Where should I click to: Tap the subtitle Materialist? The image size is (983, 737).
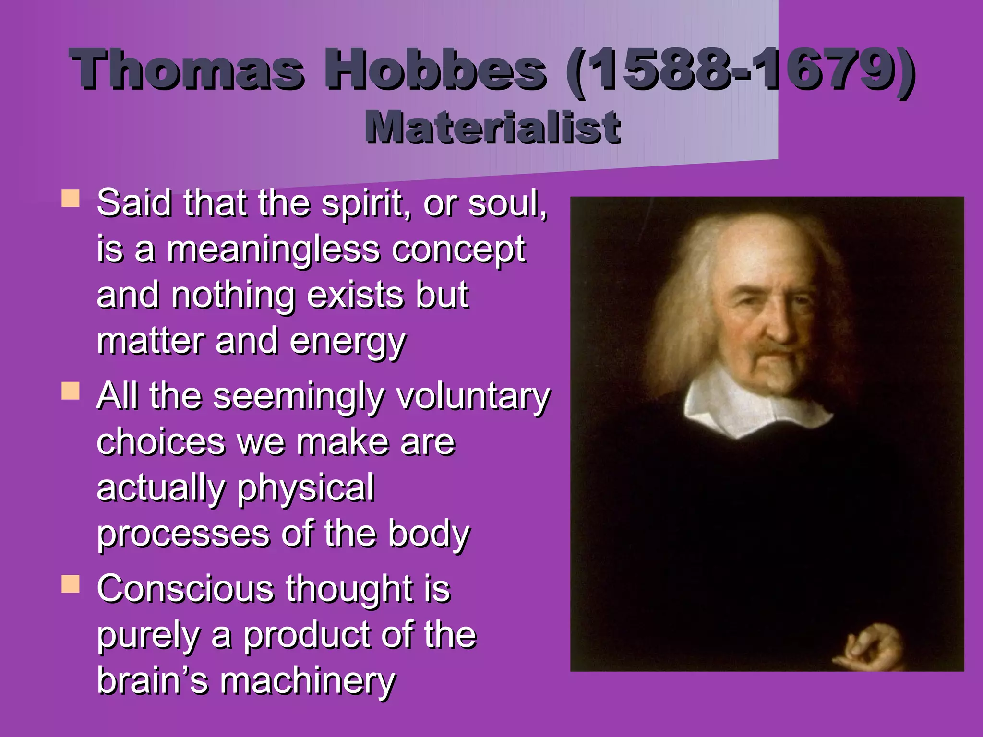click(x=492, y=127)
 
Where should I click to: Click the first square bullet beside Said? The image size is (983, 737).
click(x=71, y=198)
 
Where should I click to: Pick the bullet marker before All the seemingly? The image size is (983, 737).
click(x=71, y=391)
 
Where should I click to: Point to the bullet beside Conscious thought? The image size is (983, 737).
click(x=71, y=584)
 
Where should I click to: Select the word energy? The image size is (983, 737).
click(x=348, y=342)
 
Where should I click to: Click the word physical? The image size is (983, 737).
click(x=305, y=488)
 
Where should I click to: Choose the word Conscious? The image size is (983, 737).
click(x=185, y=589)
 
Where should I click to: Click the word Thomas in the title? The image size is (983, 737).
click(x=187, y=70)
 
